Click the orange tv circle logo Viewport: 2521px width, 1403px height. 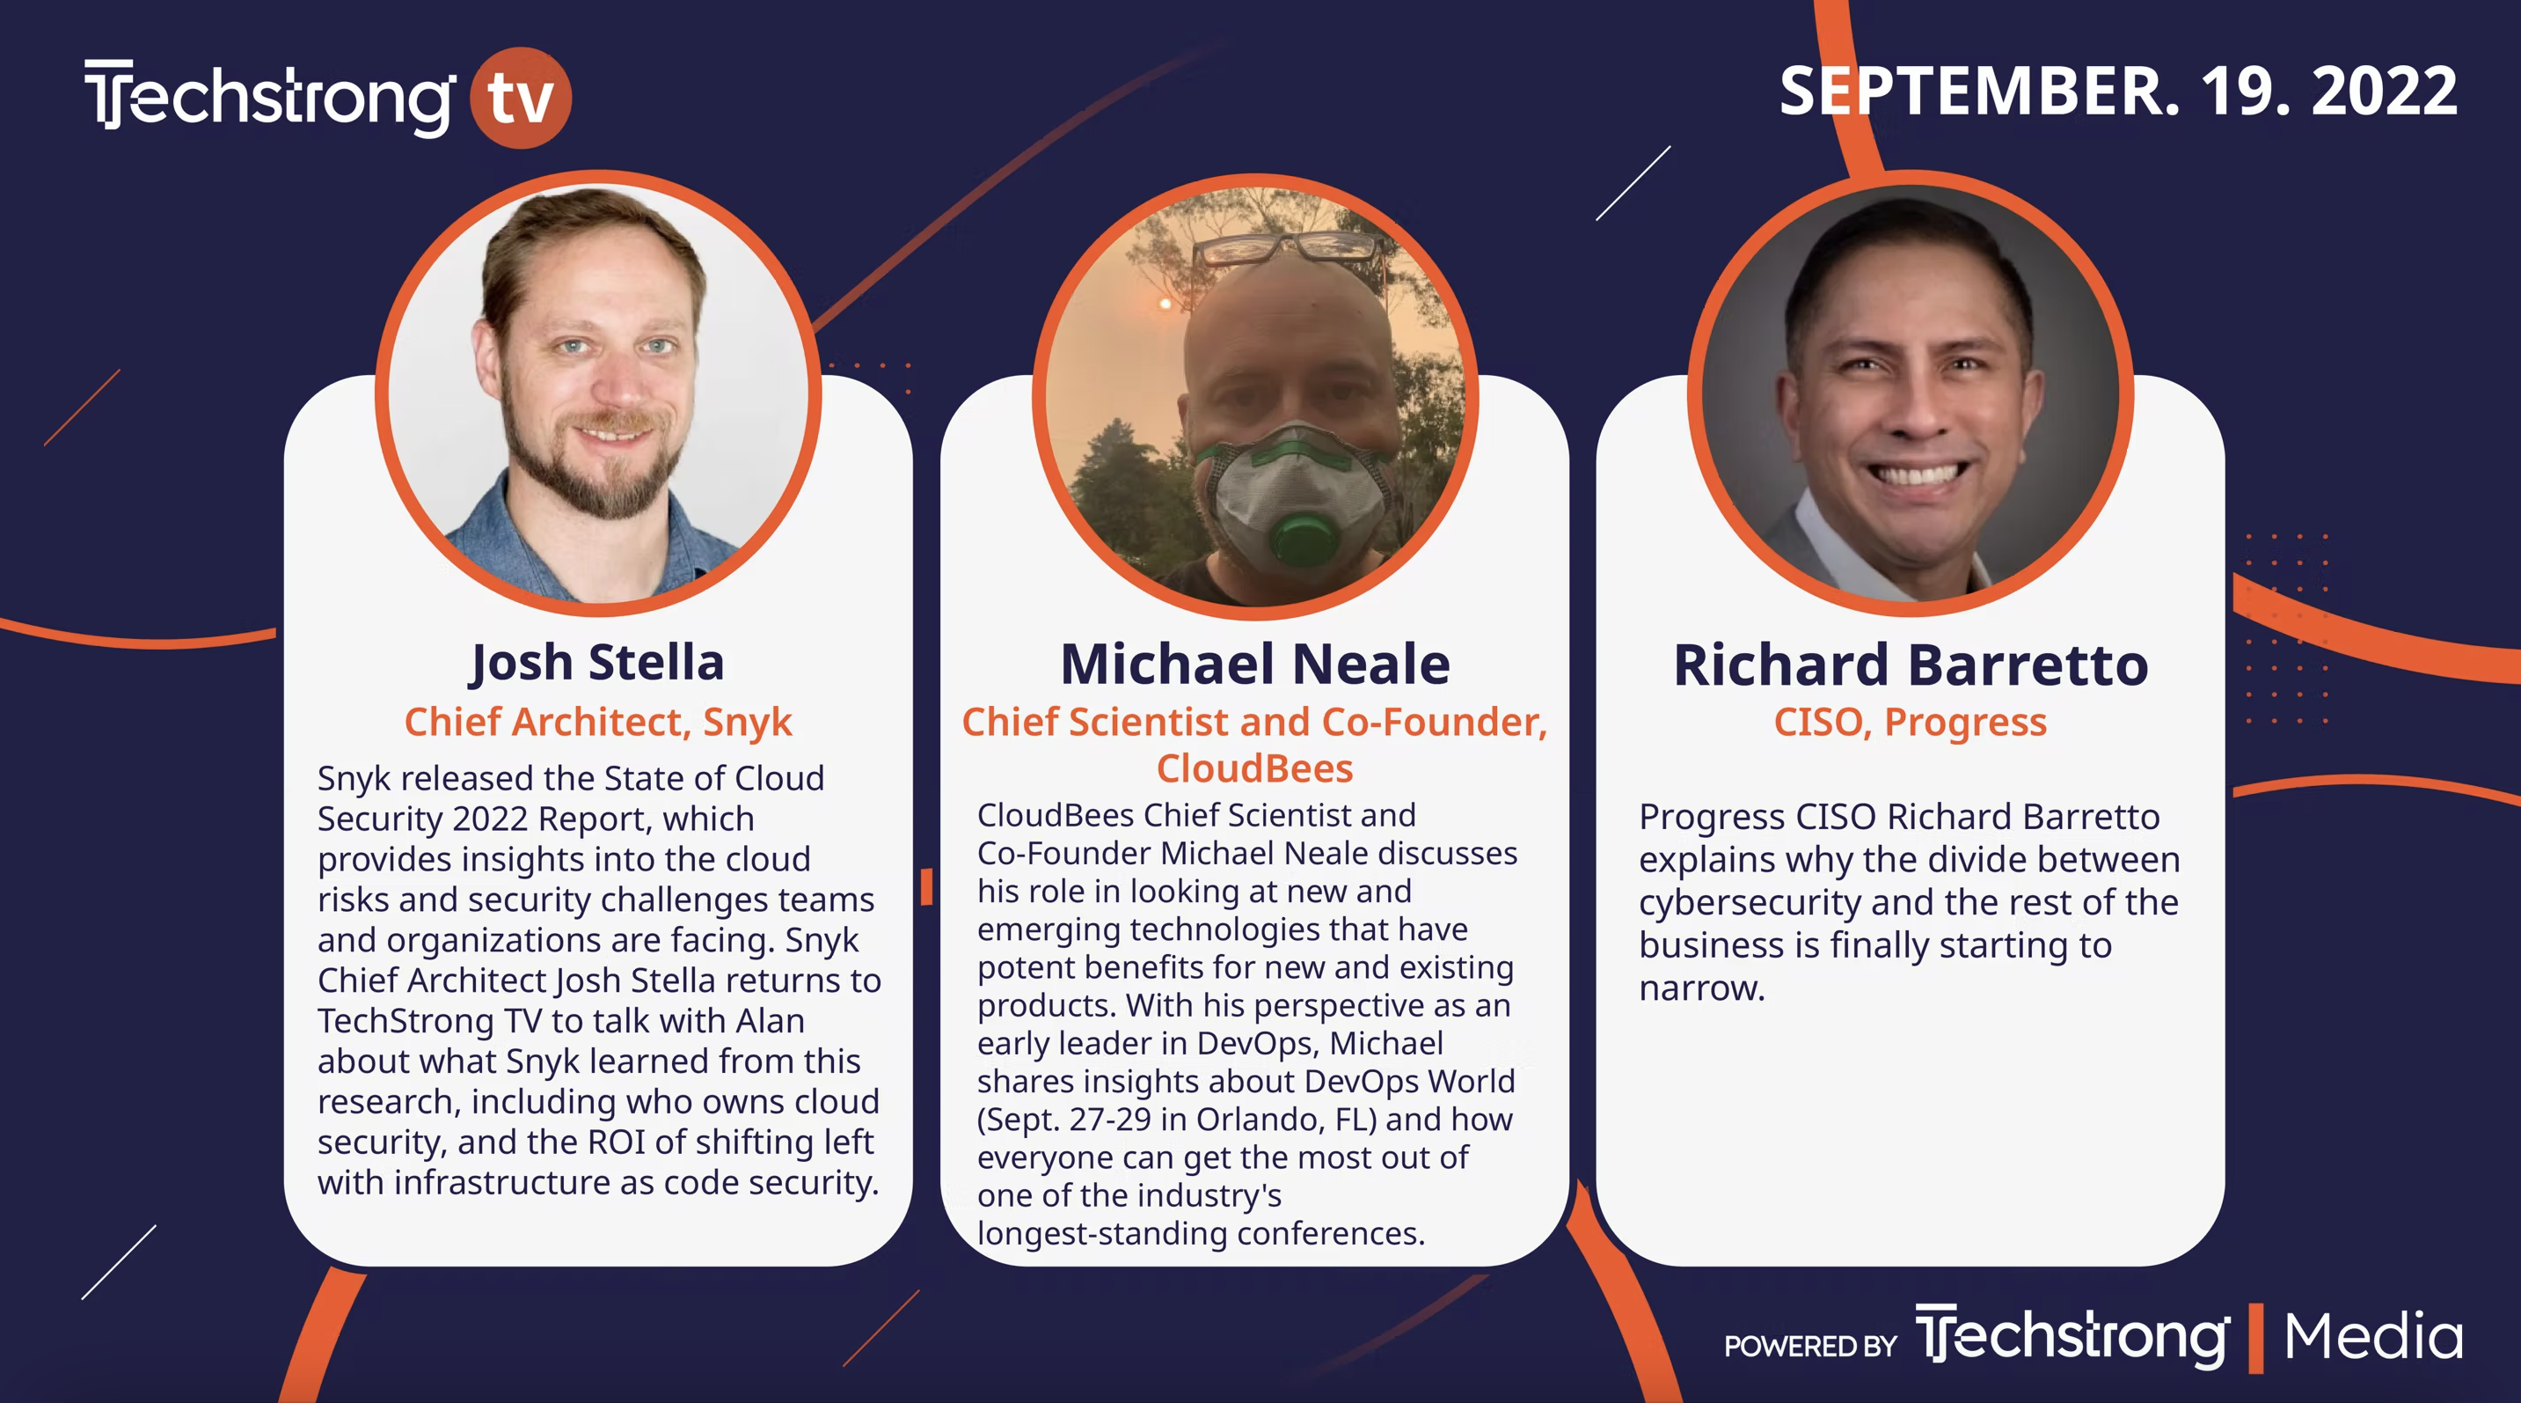coord(521,97)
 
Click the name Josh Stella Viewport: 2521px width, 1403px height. coord(598,663)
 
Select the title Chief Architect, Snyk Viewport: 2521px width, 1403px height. coord(598,723)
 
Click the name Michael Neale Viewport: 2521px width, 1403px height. coord(1254,664)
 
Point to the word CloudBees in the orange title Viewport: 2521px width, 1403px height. coord(1254,768)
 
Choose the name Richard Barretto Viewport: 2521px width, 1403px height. coord(1911,665)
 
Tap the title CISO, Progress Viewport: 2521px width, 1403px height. coord(1911,723)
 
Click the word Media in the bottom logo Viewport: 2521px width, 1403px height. coord(2373,1336)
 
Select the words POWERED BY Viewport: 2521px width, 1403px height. coord(1810,1346)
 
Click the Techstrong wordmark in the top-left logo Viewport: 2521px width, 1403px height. coord(270,97)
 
